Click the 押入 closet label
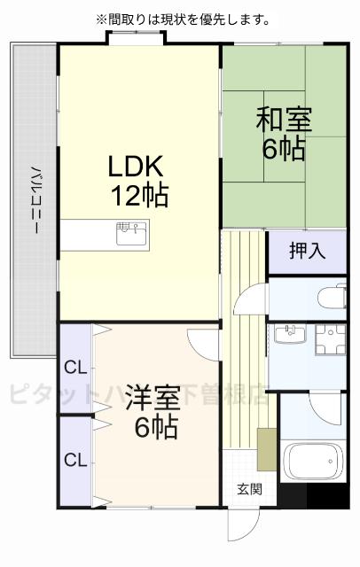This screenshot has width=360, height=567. [x=307, y=251]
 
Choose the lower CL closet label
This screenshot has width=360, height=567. [x=74, y=460]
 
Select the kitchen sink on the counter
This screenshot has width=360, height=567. [x=131, y=233]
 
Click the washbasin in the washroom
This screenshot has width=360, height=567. [x=289, y=334]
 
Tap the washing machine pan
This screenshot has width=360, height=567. [x=328, y=340]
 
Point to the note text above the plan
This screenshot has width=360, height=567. [x=183, y=18]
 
